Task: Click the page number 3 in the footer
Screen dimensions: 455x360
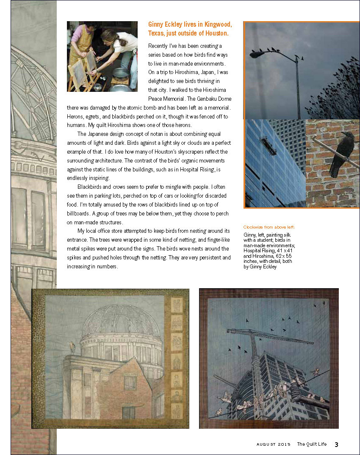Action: (336, 444)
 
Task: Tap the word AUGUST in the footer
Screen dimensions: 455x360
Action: (266, 444)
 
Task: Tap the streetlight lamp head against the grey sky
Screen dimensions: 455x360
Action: (257, 54)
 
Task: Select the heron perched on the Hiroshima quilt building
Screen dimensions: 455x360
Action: (72, 347)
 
